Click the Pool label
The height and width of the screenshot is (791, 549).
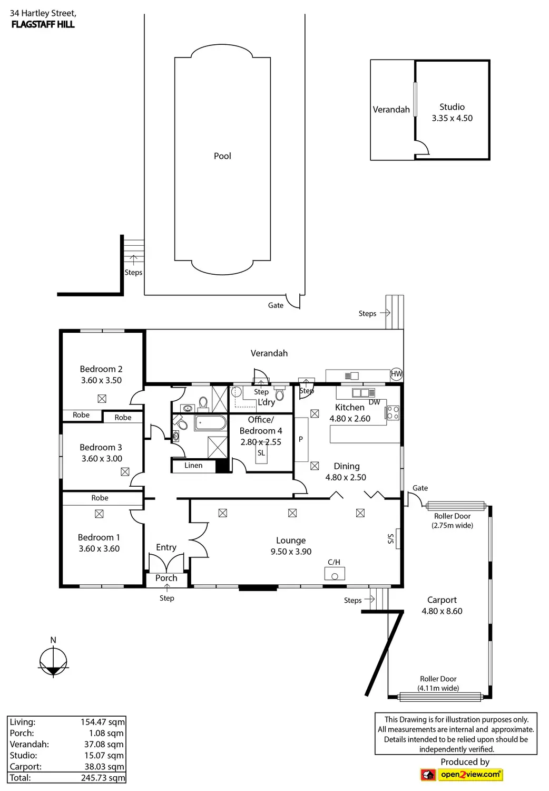pyautogui.click(x=222, y=156)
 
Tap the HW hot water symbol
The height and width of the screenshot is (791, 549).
pyautogui.click(x=396, y=374)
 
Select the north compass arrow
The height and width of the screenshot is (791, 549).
pyautogui.click(x=53, y=661)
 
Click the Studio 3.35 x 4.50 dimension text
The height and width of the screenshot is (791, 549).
pyautogui.click(x=452, y=118)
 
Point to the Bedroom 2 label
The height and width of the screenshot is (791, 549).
pyautogui.click(x=101, y=369)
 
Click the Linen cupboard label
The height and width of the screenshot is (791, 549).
pyautogui.click(x=193, y=466)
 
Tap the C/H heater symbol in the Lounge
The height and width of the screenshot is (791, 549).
pyautogui.click(x=335, y=574)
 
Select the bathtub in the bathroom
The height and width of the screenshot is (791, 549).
pyautogui.click(x=211, y=423)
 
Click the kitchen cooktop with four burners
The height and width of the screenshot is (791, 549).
pyautogui.click(x=393, y=412)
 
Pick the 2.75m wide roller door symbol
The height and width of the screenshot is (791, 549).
pyautogui.click(x=456, y=506)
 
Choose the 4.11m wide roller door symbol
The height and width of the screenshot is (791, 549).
pyautogui.click(x=440, y=697)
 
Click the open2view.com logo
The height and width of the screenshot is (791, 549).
pyautogui.click(x=462, y=775)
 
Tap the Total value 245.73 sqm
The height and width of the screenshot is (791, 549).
pyautogui.click(x=103, y=778)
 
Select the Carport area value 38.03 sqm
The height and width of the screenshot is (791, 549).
pyautogui.click(x=104, y=767)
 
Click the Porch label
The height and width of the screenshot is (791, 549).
pyautogui.click(x=166, y=578)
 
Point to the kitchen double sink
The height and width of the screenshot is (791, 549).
pyautogui.click(x=363, y=393)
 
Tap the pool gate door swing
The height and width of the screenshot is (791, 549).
pyautogui.click(x=293, y=302)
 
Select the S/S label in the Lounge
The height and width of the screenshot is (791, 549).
pyautogui.click(x=390, y=538)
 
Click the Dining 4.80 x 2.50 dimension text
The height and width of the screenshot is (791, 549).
pyautogui.click(x=346, y=477)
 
